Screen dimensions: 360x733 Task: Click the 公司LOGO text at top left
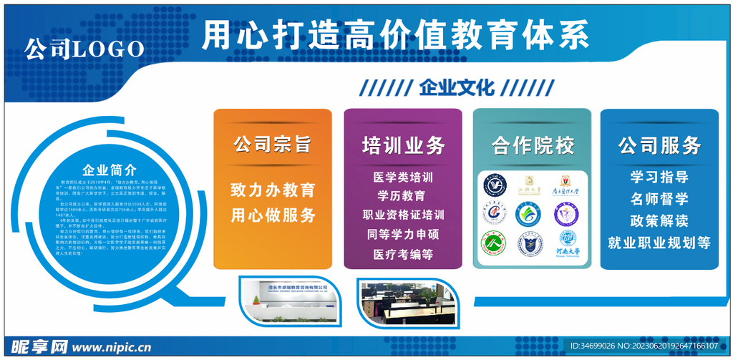[x=84, y=49]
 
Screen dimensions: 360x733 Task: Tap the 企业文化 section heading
[x=457, y=88]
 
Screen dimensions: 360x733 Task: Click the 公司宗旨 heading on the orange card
[x=273, y=145]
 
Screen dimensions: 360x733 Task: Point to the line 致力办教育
[x=273, y=190]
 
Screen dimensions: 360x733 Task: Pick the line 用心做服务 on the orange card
[x=273, y=215]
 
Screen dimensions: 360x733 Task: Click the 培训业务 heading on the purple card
[x=403, y=146]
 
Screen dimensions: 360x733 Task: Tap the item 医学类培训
[x=403, y=177]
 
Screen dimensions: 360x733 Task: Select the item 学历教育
[x=401, y=195]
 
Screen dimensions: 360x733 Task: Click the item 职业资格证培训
[x=403, y=215]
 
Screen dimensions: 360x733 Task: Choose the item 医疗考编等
[x=403, y=253]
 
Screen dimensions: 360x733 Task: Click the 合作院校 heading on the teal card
[x=533, y=146]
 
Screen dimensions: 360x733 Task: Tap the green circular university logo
[x=495, y=243]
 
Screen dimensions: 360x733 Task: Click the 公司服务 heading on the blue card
[x=659, y=146]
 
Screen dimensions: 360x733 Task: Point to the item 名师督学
[x=659, y=198]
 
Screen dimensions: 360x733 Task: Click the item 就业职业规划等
[x=659, y=243]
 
